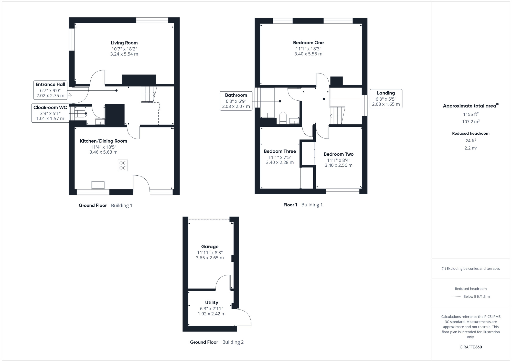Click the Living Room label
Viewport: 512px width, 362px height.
pos(124,43)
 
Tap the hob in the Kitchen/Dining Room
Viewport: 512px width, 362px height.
pos(123,165)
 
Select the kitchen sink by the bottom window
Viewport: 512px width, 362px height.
pos(98,185)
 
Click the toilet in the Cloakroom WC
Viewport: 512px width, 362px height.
pos(81,114)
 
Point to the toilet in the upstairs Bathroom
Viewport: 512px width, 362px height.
pos(283,118)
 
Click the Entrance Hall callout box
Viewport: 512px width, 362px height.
pos(50,90)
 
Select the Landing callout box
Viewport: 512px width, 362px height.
pos(386,99)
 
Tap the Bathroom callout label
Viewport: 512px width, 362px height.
pos(236,95)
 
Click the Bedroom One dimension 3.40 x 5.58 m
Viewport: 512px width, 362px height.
pos(308,54)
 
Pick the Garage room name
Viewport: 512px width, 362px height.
pos(210,247)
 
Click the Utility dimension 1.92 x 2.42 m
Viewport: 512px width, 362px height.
pos(211,314)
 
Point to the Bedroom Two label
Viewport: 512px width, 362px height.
pos(338,154)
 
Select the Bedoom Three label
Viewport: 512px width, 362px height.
pos(280,151)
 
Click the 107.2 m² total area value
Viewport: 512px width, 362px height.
pos(471,122)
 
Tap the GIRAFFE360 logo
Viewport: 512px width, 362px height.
pos(471,347)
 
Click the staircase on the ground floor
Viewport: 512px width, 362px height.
pos(149,94)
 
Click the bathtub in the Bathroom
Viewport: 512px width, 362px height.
pos(267,103)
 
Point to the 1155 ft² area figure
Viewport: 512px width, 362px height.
pos(471,114)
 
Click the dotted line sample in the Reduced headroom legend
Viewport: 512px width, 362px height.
pos(456,297)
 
